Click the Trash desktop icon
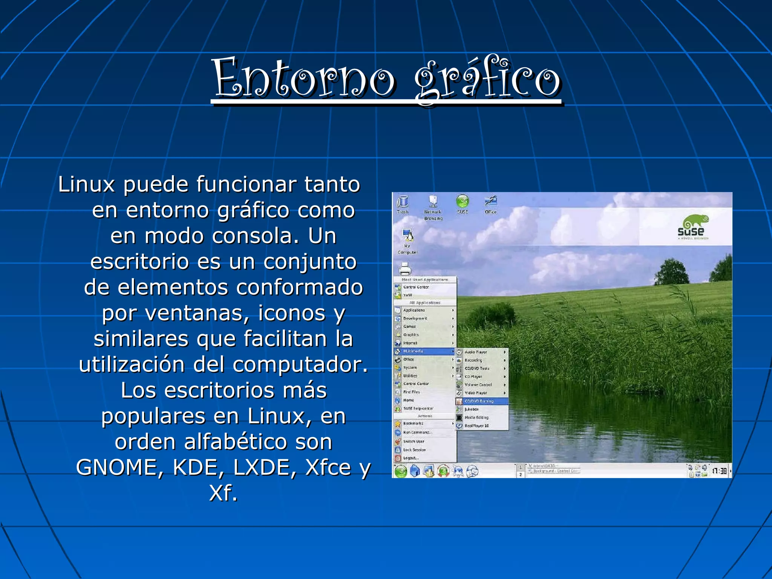[403, 204]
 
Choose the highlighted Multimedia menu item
[414, 351]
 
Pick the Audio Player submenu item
[476, 352]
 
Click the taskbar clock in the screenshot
[719, 471]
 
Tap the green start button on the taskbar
[401, 471]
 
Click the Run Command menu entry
[417, 433]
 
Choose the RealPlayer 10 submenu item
[476, 426]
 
